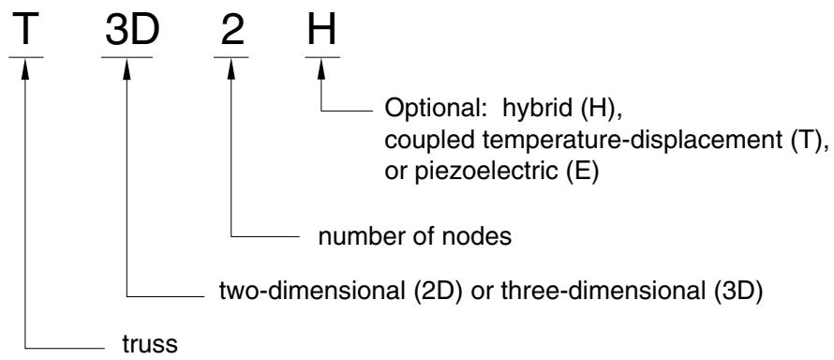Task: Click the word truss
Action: click(x=150, y=345)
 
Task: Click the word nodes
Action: click(x=481, y=236)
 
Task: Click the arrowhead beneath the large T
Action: click(x=25, y=69)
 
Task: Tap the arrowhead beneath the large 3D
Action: click(x=127, y=69)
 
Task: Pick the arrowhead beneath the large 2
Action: click(x=231, y=69)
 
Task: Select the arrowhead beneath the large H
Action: click(x=321, y=69)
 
